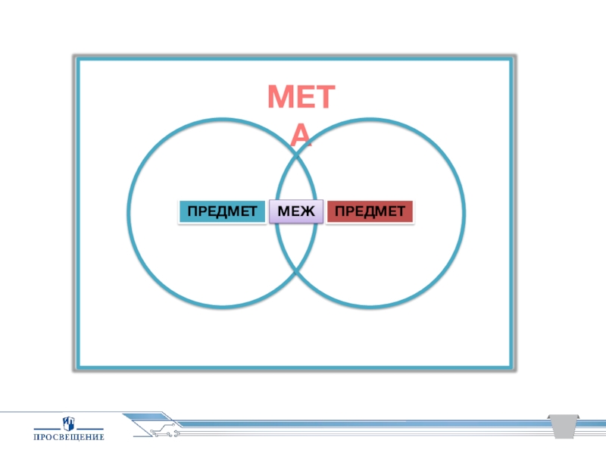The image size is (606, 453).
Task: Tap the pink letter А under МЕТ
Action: pyautogui.click(x=301, y=135)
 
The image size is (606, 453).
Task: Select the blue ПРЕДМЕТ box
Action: pyautogui.click(x=223, y=211)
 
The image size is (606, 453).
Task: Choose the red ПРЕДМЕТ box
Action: pyautogui.click(x=370, y=211)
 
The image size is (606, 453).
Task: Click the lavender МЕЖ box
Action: pyautogui.click(x=296, y=211)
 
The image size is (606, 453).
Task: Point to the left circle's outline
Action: pyautogui.click(x=129, y=212)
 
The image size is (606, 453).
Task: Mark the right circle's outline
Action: pyautogui.click(x=464, y=212)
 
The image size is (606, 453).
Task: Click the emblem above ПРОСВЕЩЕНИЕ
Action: pyautogui.click(x=68, y=421)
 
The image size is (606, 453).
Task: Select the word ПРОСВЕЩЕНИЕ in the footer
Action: pyautogui.click(x=68, y=437)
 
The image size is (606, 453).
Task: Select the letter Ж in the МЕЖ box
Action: pyautogui.click(x=309, y=211)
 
